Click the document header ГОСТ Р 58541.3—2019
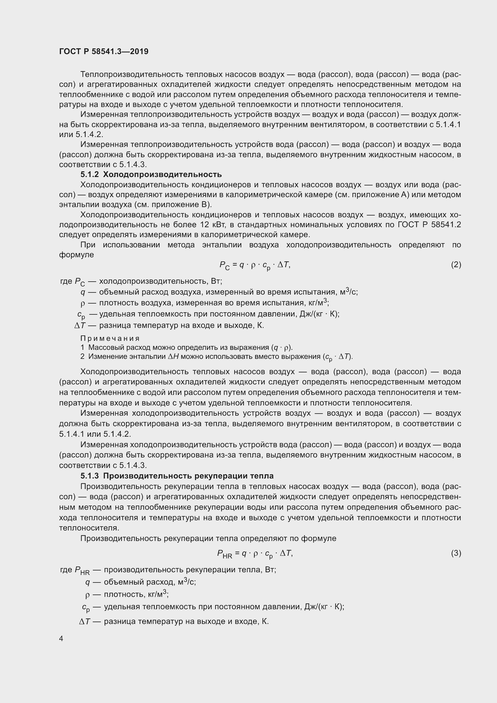click(x=104, y=51)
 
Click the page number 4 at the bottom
click(x=61, y=638)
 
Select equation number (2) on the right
click(x=456, y=264)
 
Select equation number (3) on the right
click(x=456, y=553)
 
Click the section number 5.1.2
click(x=90, y=175)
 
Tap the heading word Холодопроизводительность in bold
click(x=162, y=175)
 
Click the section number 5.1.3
click(x=90, y=476)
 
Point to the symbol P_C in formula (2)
click(x=224, y=265)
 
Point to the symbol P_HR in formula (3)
click(x=224, y=554)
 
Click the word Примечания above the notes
click(x=110, y=338)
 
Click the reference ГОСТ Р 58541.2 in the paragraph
click(x=429, y=225)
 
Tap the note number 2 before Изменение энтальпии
click(x=82, y=356)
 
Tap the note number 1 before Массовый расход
click(x=82, y=347)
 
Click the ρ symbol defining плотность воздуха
click(x=82, y=304)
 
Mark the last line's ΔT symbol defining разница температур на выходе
click(x=84, y=622)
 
